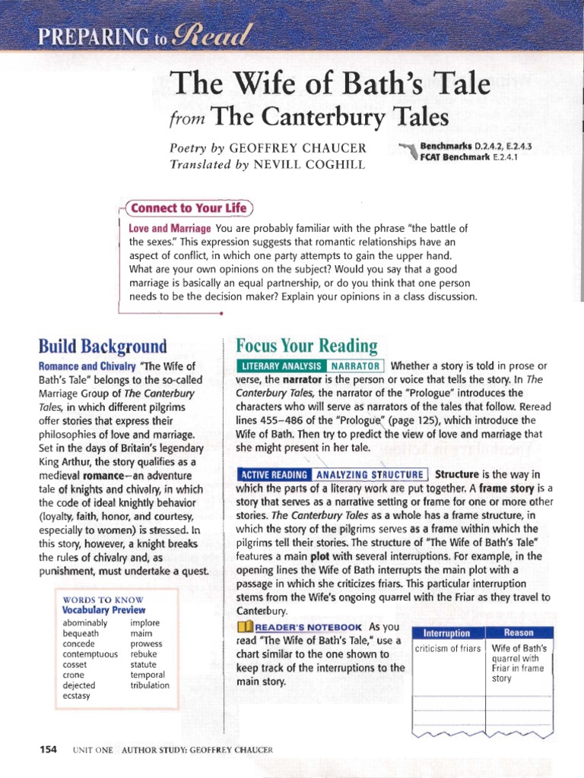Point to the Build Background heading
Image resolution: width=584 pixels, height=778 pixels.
(103, 346)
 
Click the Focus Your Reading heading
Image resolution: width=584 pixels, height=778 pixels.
(306, 346)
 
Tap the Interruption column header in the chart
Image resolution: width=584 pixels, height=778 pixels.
(446, 633)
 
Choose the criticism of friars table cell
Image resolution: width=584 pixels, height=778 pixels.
(447, 648)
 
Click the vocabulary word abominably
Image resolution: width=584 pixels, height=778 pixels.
(85, 623)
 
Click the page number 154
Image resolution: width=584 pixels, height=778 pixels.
(48, 749)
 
